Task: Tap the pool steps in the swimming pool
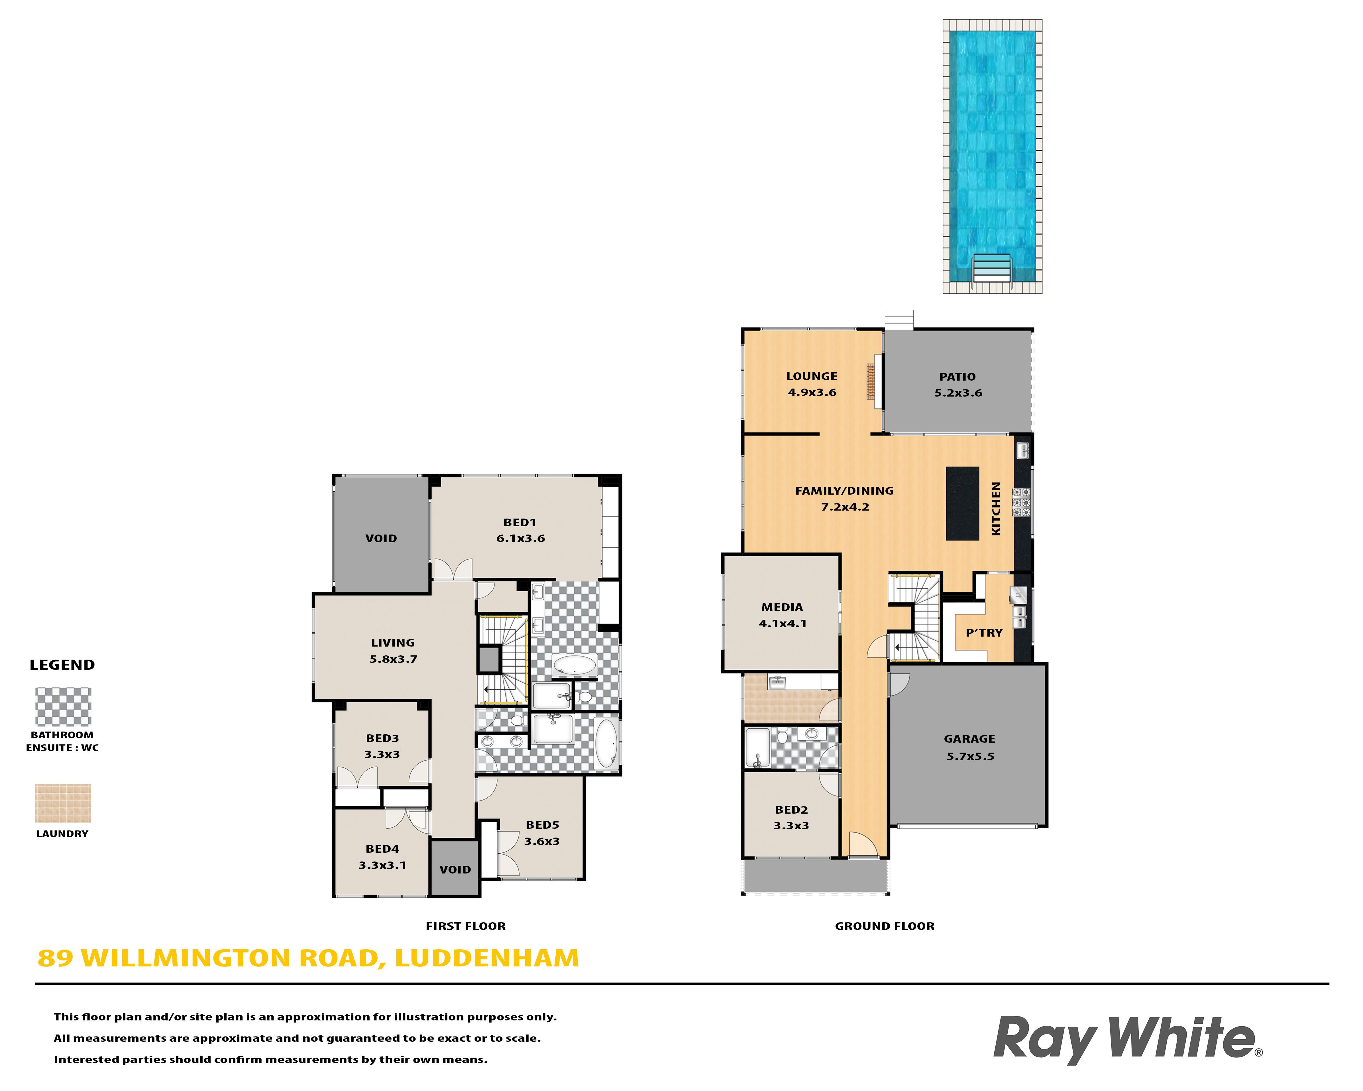coord(991,267)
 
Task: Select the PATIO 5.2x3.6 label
coord(958,385)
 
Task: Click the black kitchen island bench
coord(961,503)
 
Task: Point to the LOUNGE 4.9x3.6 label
coord(812,384)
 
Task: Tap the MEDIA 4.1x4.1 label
coord(782,615)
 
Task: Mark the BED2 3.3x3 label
coord(791,817)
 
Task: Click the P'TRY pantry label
coord(984,633)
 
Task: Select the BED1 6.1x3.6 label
coord(520,530)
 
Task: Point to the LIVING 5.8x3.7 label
coord(393,650)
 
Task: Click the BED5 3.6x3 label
coord(542,832)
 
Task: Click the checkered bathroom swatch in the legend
coord(63,706)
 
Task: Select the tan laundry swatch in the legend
coord(63,803)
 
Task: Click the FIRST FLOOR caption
coord(465,926)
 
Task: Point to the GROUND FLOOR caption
coord(885,926)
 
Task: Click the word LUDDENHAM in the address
coord(487,958)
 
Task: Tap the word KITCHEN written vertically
coord(996,509)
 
